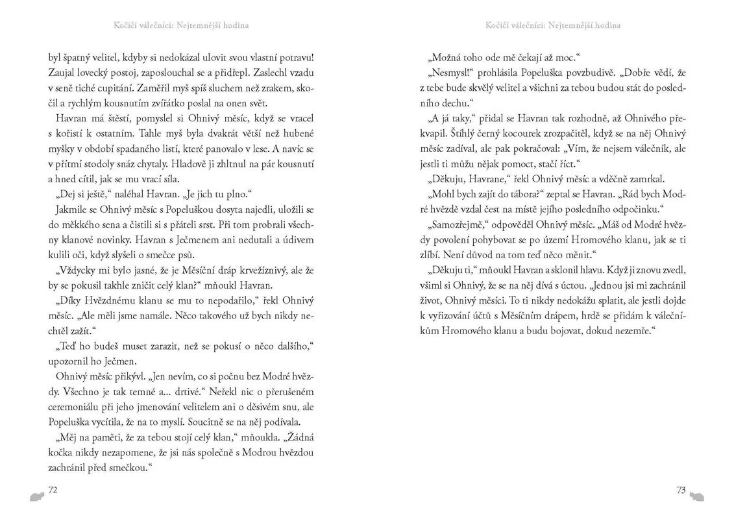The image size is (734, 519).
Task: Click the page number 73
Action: pyautogui.click(x=680, y=490)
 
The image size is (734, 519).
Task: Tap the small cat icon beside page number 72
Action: pyautogui.click(x=36, y=496)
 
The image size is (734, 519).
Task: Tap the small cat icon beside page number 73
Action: pyautogui.click(x=698, y=496)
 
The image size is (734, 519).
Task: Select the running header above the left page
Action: pyautogui.click(x=177, y=25)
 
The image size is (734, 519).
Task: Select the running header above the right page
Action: pyautogui.click(x=552, y=25)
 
